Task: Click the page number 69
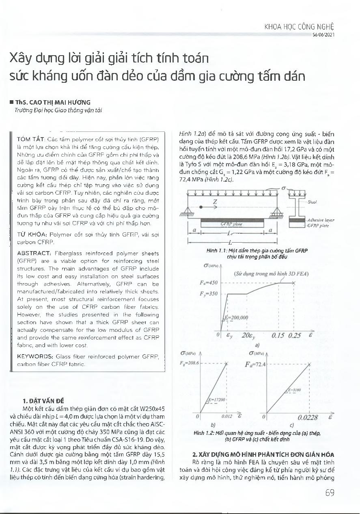point(330,492)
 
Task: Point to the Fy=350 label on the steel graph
point(210,294)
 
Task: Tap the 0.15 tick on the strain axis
point(278,335)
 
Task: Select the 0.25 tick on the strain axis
point(295,335)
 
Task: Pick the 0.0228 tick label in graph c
point(308,417)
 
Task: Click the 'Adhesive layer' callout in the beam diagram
point(321,220)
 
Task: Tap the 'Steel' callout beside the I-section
point(312,201)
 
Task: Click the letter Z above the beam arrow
point(215,201)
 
